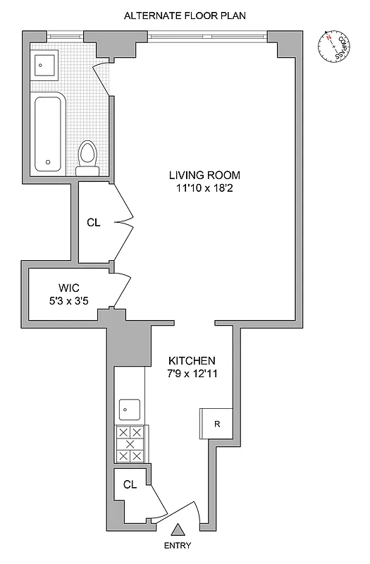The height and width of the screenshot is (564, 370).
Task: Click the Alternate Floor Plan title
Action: (x=185, y=15)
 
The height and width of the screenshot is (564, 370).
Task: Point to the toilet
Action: (x=87, y=157)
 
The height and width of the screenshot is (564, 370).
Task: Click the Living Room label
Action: (x=204, y=175)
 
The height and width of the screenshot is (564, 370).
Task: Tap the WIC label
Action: (x=68, y=288)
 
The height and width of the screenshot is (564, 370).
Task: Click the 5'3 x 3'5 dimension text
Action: (x=68, y=301)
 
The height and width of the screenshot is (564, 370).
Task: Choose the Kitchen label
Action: (x=187, y=360)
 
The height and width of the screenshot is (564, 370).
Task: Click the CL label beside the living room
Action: (x=94, y=223)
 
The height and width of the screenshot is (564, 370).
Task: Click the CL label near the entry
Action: (x=130, y=484)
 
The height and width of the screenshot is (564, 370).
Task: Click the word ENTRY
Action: (x=178, y=546)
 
